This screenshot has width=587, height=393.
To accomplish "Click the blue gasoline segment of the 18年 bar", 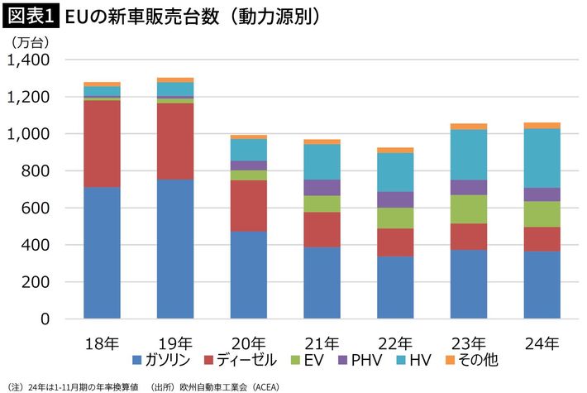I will pos(102,252).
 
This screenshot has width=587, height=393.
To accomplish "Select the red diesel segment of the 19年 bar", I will pos(175,141).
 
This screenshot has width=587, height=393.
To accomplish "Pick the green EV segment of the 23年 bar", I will pos(468,208).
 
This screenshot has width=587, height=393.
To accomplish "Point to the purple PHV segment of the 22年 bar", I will pos(394,199).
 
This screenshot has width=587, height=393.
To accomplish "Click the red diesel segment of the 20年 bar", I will pos(248,205).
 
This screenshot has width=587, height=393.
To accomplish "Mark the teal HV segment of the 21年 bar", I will pos(322,162).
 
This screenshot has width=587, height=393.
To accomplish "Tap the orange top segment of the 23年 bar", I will pos(468,127).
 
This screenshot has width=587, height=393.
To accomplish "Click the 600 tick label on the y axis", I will pos(35,208).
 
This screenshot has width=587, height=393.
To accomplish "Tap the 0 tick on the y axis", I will pos(45,319).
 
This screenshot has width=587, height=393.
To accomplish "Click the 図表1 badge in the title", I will pos(29,16).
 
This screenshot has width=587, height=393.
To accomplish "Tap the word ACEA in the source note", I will pos(263,386).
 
